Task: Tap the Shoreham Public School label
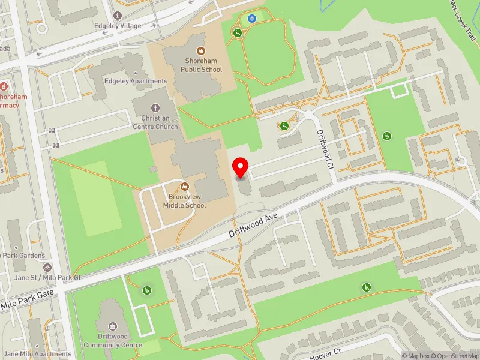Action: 201,65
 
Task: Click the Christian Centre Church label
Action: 155,122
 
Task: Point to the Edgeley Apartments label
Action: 136,81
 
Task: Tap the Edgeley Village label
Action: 118,26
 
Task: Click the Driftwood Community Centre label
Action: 113,341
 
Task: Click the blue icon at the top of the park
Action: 252,18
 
